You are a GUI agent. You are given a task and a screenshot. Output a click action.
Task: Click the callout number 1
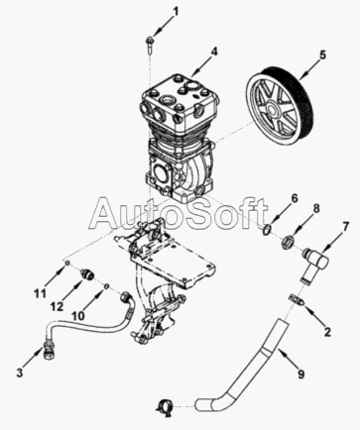[x=176, y=12]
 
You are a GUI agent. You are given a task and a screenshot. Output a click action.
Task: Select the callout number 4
[x=214, y=52]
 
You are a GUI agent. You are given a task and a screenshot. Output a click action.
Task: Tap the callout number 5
[x=322, y=54]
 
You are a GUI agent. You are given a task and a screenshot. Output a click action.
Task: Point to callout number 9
[x=300, y=374]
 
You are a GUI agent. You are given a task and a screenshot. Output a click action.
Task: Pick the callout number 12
[x=57, y=306]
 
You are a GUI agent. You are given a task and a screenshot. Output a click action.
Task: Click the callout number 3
[x=20, y=374]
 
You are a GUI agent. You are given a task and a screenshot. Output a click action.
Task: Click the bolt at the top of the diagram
[x=149, y=45]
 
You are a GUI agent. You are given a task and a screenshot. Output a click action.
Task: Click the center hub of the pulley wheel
[x=273, y=109]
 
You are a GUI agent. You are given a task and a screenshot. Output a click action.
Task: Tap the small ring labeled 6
[x=267, y=229]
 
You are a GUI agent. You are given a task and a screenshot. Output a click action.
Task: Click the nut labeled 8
[x=288, y=244]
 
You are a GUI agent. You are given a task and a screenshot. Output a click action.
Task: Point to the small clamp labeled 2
[x=296, y=299]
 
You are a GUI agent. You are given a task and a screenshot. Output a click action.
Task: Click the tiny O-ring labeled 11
[x=66, y=263]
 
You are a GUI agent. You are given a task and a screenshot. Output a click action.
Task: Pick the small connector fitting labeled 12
[x=88, y=273]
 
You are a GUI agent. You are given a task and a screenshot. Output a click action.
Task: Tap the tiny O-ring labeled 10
[x=107, y=286]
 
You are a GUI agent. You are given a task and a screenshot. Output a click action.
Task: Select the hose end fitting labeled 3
[x=49, y=351]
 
